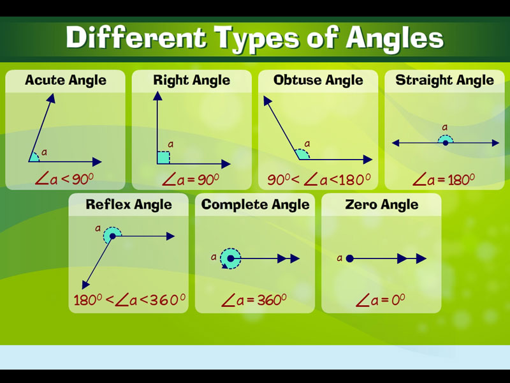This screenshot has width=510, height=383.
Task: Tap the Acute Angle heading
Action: point(66,80)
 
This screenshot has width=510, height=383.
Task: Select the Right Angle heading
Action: point(192,80)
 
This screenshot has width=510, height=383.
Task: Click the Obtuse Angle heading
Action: point(318,80)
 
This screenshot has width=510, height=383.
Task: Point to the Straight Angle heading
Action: point(444,80)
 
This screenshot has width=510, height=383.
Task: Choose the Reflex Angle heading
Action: point(129,205)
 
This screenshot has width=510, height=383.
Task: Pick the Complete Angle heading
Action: point(256,205)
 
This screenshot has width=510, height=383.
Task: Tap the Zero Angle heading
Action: point(381,205)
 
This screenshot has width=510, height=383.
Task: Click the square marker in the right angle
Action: point(164,158)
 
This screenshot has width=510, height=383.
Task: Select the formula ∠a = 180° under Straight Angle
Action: point(444,179)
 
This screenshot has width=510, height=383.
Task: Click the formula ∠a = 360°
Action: point(254,300)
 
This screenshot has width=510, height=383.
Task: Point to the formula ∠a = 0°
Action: point(380,300)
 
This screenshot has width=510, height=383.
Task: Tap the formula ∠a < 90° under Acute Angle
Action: point(64,179)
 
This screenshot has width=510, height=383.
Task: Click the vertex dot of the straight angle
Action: point(446,143)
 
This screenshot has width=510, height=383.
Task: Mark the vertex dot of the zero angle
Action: point(349,259)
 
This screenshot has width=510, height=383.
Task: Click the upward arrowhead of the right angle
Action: point(157,96)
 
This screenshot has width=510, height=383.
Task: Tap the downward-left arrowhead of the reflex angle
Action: point(85,285)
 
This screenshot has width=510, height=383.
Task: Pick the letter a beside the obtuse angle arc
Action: point(307,144)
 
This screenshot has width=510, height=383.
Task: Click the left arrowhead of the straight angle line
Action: point(396,143)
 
